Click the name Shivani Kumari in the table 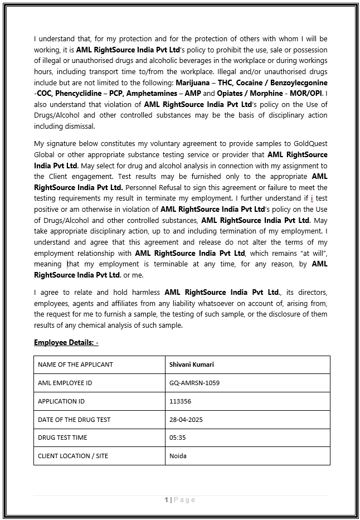192,365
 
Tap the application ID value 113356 180,401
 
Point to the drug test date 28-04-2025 187,420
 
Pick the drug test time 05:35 177,438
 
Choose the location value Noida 178,456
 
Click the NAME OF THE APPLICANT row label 75,365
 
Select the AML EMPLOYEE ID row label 65,383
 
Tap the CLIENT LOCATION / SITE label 73,456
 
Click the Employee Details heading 66,342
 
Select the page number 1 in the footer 167,500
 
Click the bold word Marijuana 193,82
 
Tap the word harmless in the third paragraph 143,292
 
